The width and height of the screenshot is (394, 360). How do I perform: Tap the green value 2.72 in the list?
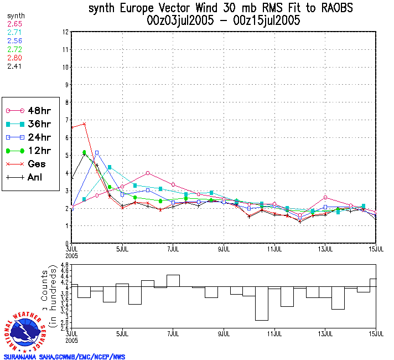click(x=14, y=49)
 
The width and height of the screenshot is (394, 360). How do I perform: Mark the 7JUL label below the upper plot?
click(x=173, y=248)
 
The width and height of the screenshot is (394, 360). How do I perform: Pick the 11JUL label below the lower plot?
click(x=275, y=335)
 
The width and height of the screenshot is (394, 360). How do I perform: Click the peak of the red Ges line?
click(x=84, y=124)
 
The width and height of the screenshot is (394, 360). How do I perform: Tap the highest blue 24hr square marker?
click(x=97, y=152)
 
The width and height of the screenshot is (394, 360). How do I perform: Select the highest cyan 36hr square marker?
click(x=110, y=167)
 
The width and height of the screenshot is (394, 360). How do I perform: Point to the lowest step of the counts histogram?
click(x=262, y=320)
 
